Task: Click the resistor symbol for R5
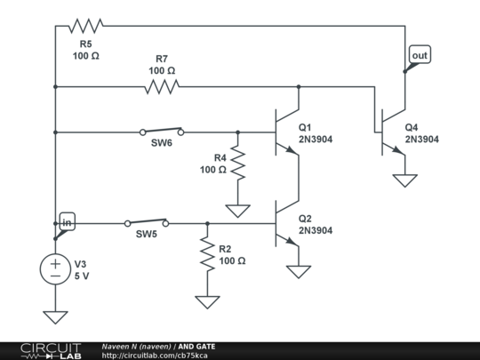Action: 85,26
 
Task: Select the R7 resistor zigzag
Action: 162,86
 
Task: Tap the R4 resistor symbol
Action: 238,163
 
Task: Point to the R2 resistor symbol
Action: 207,253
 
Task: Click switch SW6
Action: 162,132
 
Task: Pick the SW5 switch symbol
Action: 147,223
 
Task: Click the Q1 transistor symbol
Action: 287,132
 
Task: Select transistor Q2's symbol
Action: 287,223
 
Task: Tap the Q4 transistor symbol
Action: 393,132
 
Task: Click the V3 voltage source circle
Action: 55,269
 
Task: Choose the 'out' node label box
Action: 420,55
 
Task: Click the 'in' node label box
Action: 67,221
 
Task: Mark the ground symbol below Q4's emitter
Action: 404,180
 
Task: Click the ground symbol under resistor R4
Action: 238,211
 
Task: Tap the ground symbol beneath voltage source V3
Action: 55,317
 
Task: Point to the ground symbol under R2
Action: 207,302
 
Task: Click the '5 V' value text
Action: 82,276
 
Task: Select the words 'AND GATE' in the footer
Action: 196,347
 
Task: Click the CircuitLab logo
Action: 51,351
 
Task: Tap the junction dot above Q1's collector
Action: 299,86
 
